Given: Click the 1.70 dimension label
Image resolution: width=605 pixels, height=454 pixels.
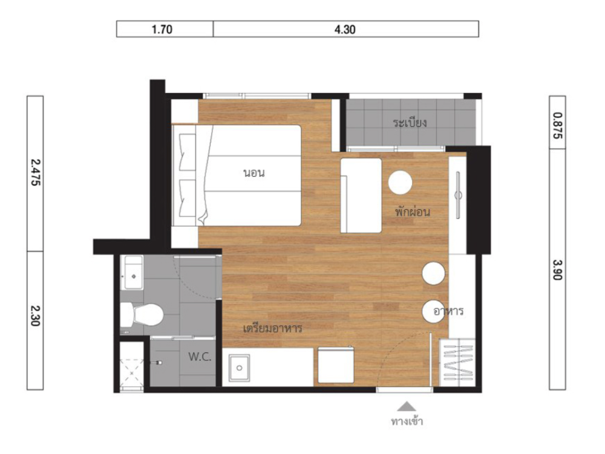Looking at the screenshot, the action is tap(162, 29).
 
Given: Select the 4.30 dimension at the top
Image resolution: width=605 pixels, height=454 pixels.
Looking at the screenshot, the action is tap(345, 29).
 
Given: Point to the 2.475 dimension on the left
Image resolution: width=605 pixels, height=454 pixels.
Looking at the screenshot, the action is tap(35, 173).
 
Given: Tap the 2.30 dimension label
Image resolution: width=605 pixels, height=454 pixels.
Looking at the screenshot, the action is tap(35, 316).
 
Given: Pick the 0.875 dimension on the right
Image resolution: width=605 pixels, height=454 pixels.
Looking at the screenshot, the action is tap(558, 125).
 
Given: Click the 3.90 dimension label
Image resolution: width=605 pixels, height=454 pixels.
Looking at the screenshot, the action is tap(558, 270).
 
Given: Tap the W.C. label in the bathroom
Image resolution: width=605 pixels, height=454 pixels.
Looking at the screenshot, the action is tap(200, 357).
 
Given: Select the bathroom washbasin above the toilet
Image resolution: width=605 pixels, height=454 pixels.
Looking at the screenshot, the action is tap(133, 272).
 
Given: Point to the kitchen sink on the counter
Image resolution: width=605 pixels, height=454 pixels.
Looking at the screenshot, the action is tap(239, 368).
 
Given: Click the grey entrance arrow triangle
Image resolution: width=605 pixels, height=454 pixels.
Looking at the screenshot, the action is tap(407, 406).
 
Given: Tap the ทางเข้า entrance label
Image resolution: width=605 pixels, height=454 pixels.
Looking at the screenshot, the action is tap(407, 421).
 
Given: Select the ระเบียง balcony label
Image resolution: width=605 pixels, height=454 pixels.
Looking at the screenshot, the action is tap(410, 123).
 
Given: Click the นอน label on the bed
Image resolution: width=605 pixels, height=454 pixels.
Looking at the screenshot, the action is tap(254, 173).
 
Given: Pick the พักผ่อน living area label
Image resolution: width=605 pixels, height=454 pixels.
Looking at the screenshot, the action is tap(412, 211).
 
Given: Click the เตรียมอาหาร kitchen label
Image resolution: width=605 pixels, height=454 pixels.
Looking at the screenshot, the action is tap(272, 328).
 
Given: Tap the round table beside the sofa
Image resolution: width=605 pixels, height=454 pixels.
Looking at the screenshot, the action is tap(400, 183).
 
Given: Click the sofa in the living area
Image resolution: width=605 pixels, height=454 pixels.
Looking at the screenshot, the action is tap(361, 195).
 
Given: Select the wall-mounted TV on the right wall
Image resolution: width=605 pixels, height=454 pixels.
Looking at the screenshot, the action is tap(458, 195).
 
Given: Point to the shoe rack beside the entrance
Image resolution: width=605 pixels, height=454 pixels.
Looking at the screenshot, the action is tap(457, 363).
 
